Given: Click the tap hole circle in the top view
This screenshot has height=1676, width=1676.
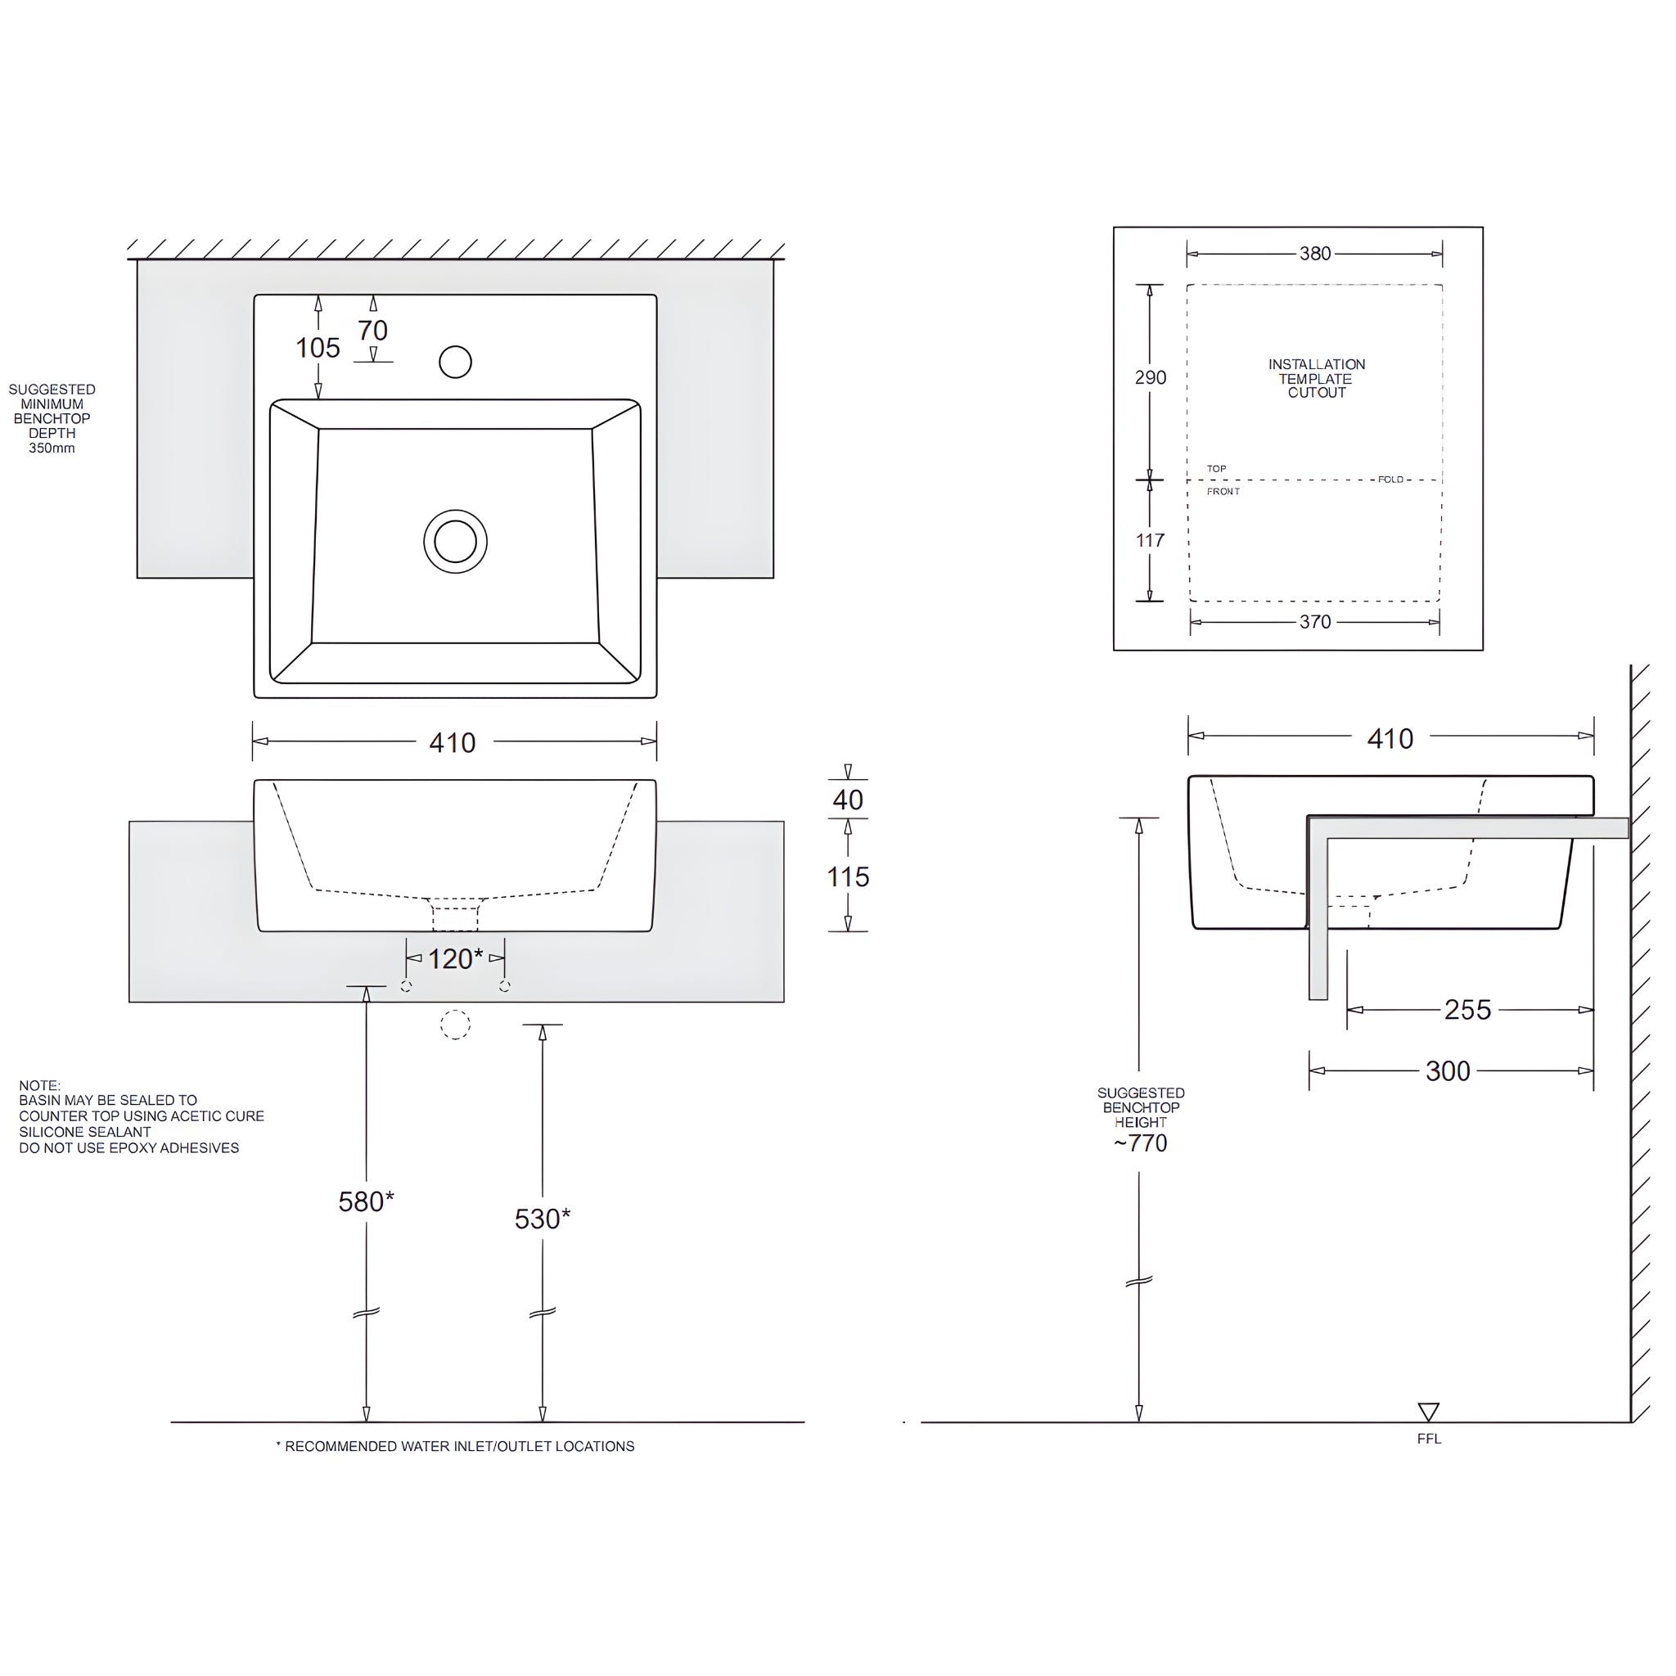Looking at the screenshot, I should pyautogui.click(x=456, y=363).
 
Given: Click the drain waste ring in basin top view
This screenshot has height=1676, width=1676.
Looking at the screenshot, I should pyautogui.click(x=456, y=541).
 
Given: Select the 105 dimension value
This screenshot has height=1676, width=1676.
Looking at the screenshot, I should pyautogui.click(x=318, y=349).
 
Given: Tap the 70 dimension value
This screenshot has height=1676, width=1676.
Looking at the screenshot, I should pyautogui.click(x=373, y=331).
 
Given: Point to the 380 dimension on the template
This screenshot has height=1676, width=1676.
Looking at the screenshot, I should pyautogui.click(x=1315, y=255).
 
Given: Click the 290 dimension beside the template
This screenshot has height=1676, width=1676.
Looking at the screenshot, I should pyautogui.click(x=1151, y=377).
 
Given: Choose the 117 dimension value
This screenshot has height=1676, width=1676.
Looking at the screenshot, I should pyautogui.click(x=1151, y=540).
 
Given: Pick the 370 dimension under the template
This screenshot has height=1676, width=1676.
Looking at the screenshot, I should pyautogui.click(x=1315, y=622).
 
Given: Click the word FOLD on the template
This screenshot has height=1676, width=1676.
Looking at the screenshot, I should pyautogui.click(x=1390, y=480).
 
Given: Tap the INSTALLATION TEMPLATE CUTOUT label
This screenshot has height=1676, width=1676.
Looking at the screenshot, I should pyautogui.click(x=1317, y=378).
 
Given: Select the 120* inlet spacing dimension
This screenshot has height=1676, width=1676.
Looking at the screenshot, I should pyautogui.click(x=454, y=958).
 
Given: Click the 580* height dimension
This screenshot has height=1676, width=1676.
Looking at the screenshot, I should pyautogui.click(x=366, y=1201).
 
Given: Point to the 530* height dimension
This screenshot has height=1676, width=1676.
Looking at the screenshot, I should pyautogui.click(x=543, y=1219).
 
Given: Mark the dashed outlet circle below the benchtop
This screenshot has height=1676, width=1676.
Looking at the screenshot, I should pyautogui.click(x=456, y=1025).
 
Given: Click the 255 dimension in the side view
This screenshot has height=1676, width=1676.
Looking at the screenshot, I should pyautogui.click(x=1467, y=1010).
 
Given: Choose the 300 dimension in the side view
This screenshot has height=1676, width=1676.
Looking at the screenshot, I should pyautogui.click(x=1448, y=1071).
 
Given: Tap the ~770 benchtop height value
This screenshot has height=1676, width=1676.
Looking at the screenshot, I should pyautogui.click(x=1141, y=1143).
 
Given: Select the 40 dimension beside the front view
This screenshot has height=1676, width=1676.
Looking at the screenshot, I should pyautogui.click(x=848, y=800).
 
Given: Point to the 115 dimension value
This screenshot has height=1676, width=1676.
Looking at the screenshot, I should pyautogui.click(x=848, y=877).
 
